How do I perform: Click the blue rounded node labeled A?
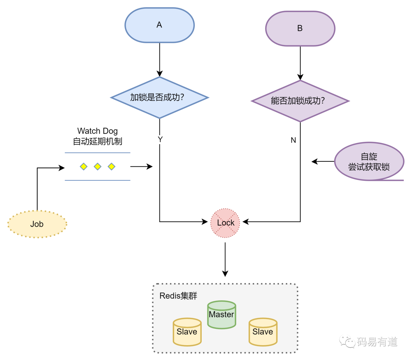tap(159, 25)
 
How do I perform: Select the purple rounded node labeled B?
tap(300, 29)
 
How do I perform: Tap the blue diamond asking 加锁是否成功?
tap(158, 97)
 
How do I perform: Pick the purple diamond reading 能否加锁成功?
tap(298, 101)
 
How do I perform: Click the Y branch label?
tap(160, 140)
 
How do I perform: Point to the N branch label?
tap(293, 140)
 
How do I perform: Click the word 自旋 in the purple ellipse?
tap(369, 157)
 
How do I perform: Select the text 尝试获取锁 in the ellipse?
tap(369, 167)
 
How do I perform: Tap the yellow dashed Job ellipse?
tap(37, 224)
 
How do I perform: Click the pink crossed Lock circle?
tap(225, 223)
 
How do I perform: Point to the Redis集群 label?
tap(178, 296)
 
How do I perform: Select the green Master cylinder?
tap(221, 315)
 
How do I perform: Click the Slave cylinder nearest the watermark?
tap(263, 332)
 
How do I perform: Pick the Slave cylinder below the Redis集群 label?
tap(187, 332)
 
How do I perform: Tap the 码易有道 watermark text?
tap(377, 341)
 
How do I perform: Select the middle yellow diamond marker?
tap(97, 166)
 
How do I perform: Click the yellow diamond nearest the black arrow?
tap(112, 166)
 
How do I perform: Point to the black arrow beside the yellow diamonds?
tap(141, 166)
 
